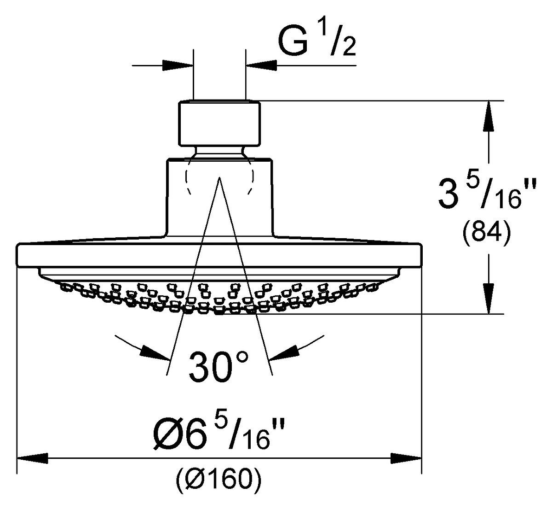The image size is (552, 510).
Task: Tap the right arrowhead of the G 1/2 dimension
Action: [261, 66]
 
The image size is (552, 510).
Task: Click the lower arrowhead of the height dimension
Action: [489, 299]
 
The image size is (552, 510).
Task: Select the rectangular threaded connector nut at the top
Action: [219, 123]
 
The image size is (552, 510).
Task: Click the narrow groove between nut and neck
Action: [219, 152]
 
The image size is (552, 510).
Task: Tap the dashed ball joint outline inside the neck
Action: [219, 176]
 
